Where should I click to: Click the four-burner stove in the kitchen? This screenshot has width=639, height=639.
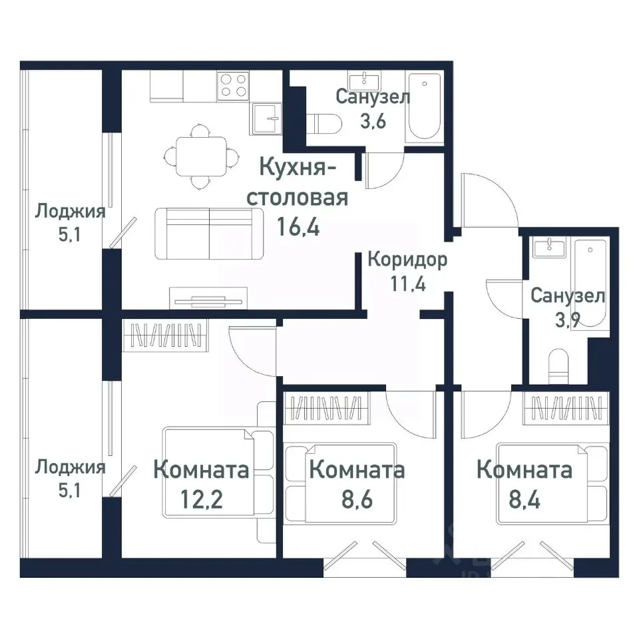coord(232,87)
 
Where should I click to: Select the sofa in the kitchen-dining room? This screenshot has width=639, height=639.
coord(209,232)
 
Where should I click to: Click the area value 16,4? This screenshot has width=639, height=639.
coord(298,228)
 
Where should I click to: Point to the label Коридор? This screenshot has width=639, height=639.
coord(407,259)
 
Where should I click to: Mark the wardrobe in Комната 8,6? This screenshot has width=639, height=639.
coord(327,407)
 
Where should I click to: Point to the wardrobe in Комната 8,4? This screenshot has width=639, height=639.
coord(566,407)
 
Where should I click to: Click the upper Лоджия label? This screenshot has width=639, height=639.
coord(70,212)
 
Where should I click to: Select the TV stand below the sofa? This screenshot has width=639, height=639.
coord(208,297)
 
